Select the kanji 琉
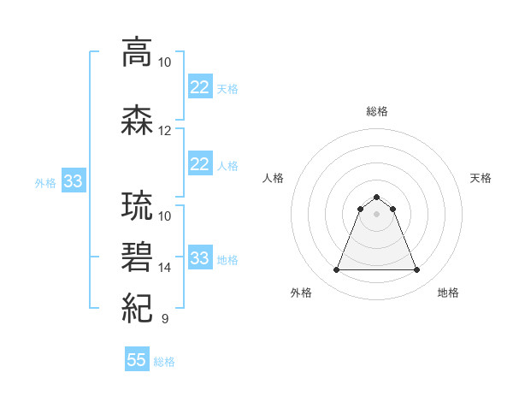(138, 208)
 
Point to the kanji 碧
(138, 257)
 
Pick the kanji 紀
(138, 306)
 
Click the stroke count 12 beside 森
(165, 131)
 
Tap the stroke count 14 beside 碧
(165, 268)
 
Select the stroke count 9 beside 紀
(164, 319)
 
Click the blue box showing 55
(137, 360)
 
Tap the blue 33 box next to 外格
(73, 182)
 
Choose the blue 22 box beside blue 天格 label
(199, 87)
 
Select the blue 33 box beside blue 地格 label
(199, 258)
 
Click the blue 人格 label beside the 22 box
(227, 165)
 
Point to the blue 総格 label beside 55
(164, 361)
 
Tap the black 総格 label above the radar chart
(376, 111)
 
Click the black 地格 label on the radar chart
(448, 293)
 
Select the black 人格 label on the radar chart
(274, 178)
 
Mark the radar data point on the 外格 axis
(336, 270)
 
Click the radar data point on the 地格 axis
(417, 270)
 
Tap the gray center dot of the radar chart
(376, 214)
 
